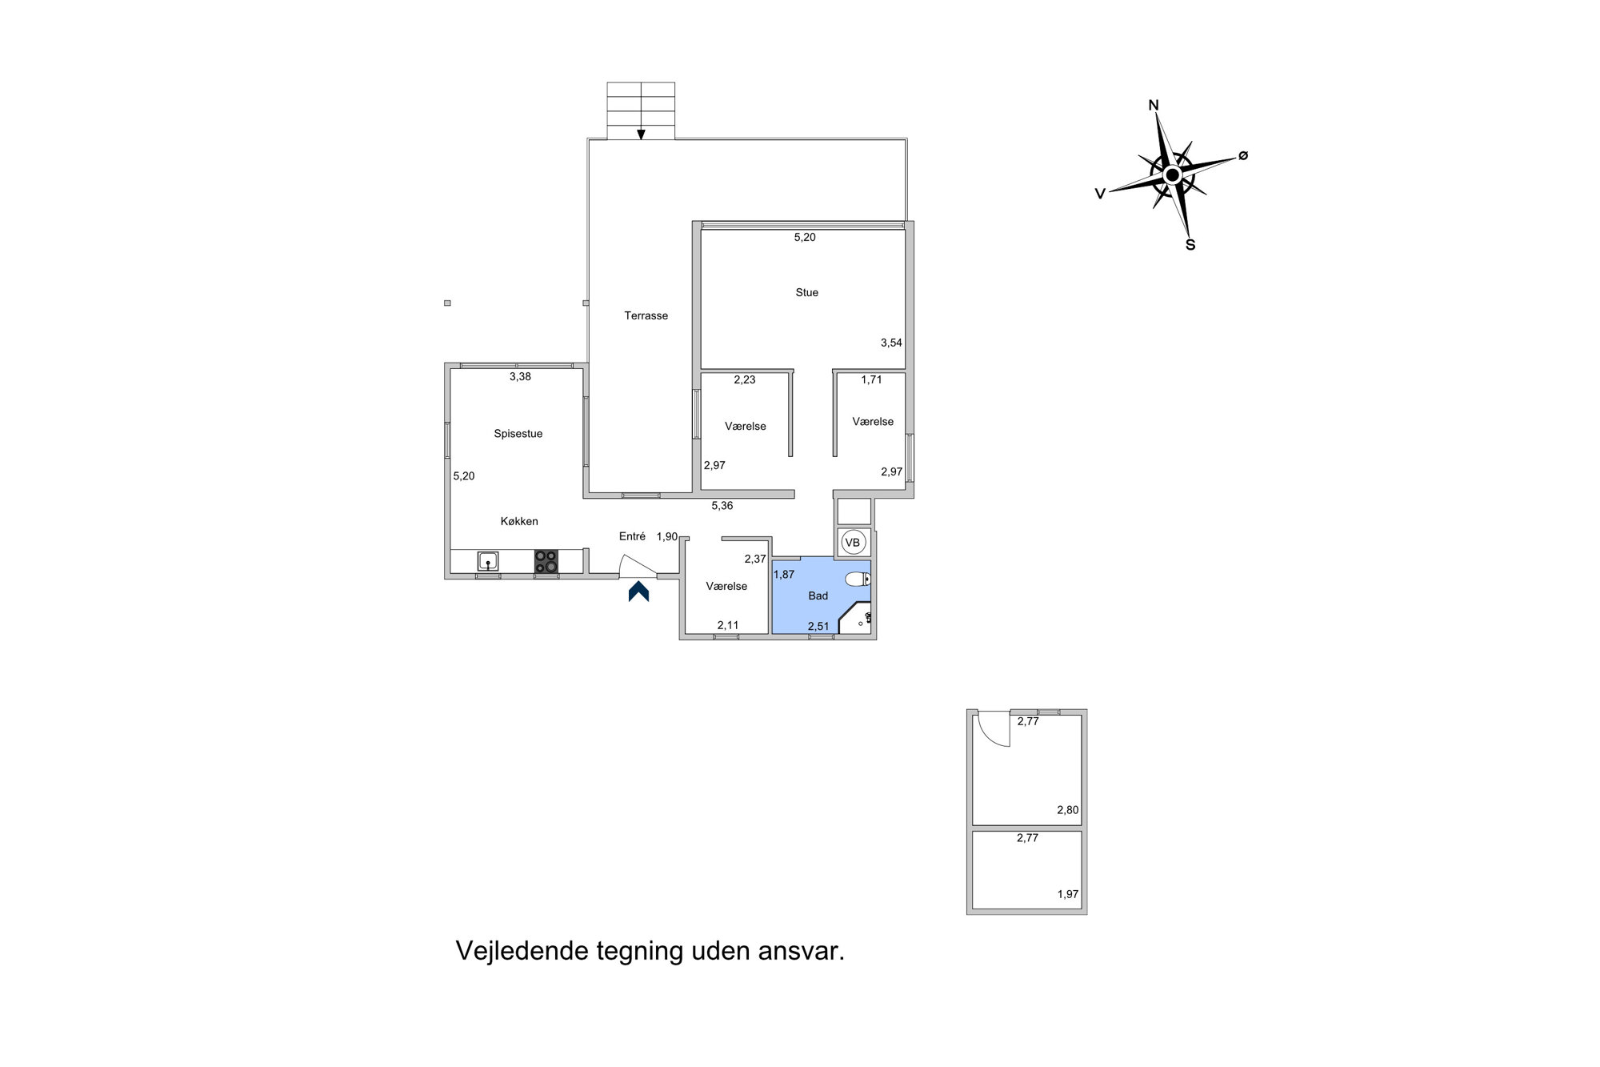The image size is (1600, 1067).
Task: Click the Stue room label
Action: pyautogui.click(x=806, y=293)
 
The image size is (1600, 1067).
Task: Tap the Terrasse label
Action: pyautogui.click(x=646, y=316)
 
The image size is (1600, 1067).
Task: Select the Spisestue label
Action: pyautogui.click(x=518, y=434)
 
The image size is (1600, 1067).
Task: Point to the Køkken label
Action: pyautogui.click(x=519, y=521)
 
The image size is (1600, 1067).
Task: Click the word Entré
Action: pyautogui.click(x=632, y=536)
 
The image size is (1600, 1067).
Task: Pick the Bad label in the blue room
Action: pyautogui.click(x=818, y=596)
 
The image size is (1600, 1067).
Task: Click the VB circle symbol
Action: pyautogui.click(x=853, y=543)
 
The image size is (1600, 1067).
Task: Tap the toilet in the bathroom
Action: pyautogui.click(x=858, y=579)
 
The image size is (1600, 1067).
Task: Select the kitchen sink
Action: pyautogui.click(x=487, y=561)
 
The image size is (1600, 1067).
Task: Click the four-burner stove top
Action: pyautogui.click(x=546, y=561)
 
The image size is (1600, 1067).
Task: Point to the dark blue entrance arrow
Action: pyautogui.click(x=638, y=592)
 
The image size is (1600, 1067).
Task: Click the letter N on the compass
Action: pyautogui.click(x=1154, y=105)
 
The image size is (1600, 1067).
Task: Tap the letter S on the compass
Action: pyautogui.click(x=1190, y=245)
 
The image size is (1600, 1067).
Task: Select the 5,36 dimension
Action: pyautogui.click(x=722, y=506)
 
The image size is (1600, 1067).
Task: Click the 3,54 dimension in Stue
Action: pyautogui.click(x=891, y=343)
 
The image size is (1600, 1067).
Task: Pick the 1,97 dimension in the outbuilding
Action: pyautogui.click(x=1068, y=894)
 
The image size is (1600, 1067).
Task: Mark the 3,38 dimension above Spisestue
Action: pyautogui.click(x=520, y=376)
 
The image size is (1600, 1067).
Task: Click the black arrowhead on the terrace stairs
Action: pyautogui.click(x=641, y=134)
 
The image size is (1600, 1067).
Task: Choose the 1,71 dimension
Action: pyautogui.click(x=871, y=379)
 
